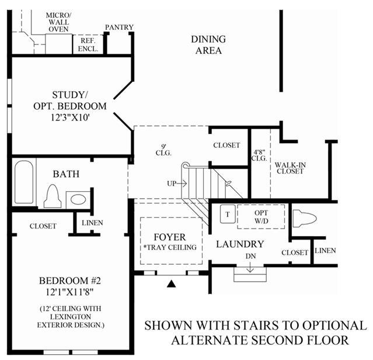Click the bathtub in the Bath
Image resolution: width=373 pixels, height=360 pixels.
pos(24,182)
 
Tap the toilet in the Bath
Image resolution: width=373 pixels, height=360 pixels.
pos(53,196)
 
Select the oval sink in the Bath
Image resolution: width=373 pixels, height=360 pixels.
pos(78,199)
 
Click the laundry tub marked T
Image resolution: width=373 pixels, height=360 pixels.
pos(228,214)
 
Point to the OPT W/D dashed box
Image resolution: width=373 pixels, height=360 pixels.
pos(261,217)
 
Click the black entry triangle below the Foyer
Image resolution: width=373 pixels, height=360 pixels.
pos(171,283)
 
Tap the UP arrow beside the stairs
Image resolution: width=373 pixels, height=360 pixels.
pos(182,184)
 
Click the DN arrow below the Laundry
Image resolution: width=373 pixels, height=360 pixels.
pos(250,268)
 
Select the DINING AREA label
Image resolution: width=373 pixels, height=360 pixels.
pos(208,45)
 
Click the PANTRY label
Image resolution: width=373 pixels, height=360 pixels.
pos(119,27)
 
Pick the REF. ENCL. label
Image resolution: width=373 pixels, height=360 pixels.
pos(88,45)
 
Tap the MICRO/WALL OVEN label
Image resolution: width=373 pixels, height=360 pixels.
pos(58,22)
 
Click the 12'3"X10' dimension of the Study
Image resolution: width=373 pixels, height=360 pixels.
pos(70,117)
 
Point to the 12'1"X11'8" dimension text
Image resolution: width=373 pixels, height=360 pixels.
pos(69,292)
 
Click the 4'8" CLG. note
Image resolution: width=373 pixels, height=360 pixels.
pos(259,155)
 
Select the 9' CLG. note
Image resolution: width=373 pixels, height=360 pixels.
pos(163,150)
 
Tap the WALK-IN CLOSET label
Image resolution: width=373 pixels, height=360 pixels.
pos(290,168)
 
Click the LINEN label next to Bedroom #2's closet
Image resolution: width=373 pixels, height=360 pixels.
pos(92,223)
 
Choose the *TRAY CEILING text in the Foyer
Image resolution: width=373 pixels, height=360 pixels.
pos(170,247)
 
